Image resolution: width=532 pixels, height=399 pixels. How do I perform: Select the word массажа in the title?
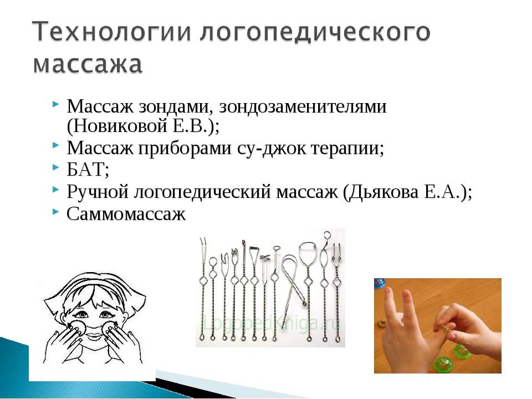click(x=88, y=64)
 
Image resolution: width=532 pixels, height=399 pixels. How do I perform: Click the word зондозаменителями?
click(x=303, y=106)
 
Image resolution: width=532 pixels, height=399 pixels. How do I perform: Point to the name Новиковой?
click(x=120, y=126)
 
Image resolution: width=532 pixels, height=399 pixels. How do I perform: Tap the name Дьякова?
click(x=383, y=192)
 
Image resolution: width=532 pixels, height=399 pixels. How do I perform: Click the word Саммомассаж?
click(x=126, y=214)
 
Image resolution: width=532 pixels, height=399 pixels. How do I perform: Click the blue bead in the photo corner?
click(x=379, y=284)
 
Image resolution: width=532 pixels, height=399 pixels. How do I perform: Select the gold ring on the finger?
click(x=446, y=328)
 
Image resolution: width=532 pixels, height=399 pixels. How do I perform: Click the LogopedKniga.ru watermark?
click(x=270, y=323)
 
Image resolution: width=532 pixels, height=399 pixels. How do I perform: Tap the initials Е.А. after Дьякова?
click(x=442, y=192)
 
